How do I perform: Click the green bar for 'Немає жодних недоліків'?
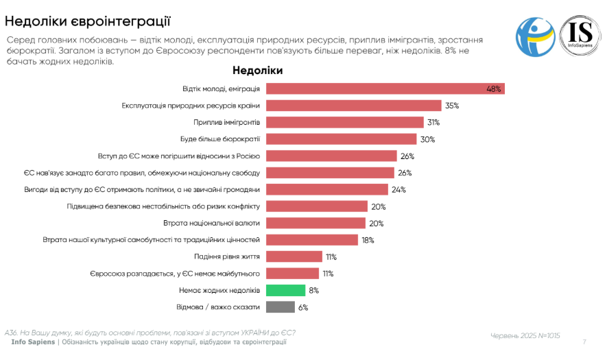coord(285,290)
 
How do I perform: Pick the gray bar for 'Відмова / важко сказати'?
coord(280,307)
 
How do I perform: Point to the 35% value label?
coord(451,106)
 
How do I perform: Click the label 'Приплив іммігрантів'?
coord(226,122)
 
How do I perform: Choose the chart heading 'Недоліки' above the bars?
coord(257,70)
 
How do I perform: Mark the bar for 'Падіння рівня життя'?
coord(294,256)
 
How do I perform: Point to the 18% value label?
coord(368,240)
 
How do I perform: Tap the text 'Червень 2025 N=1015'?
coord(525,335)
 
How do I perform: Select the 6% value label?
coord(302,307)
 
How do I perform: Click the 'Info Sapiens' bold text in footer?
coord(33,341)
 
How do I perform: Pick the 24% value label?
coord(399,189)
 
